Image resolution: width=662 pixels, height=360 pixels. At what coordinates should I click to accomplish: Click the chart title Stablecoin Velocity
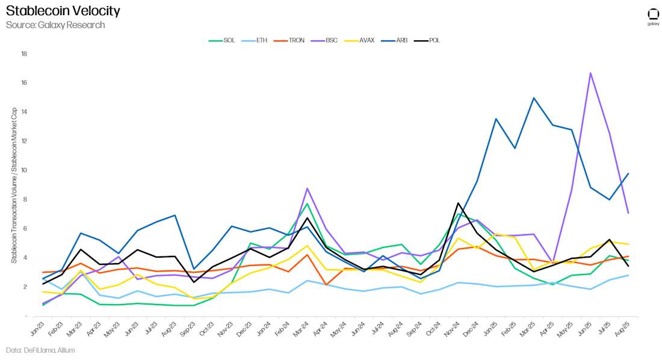tap(63, 11)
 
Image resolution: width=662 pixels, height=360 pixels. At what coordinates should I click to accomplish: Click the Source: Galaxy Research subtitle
tap(55, 25)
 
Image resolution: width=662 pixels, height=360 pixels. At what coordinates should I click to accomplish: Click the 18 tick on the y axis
tap(24, 54)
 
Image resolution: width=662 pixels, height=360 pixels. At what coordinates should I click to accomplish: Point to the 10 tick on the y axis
tap(24, 170)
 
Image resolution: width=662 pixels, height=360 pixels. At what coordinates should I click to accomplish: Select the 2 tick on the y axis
tap(25, 287)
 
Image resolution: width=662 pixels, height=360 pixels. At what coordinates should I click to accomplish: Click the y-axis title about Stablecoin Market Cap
tap(13, 184)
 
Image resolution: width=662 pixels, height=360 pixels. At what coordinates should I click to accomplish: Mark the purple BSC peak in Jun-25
tap(590, 73)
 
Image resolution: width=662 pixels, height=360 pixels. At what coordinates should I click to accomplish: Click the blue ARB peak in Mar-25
tap(534, 98)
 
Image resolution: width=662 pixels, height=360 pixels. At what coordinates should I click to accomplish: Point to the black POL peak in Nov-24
tap(459, 203)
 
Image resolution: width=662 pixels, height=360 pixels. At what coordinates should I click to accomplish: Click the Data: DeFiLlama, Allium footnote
tap(41, 350)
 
